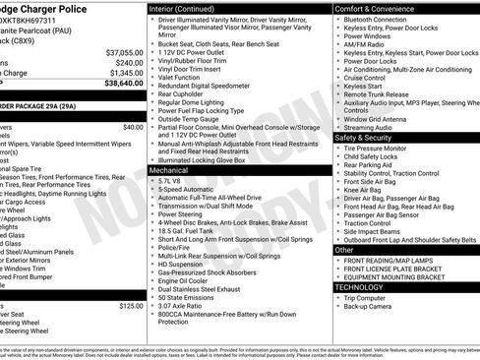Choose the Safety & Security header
click(x=365, y=138)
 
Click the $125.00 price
click(x=131, y=306)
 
